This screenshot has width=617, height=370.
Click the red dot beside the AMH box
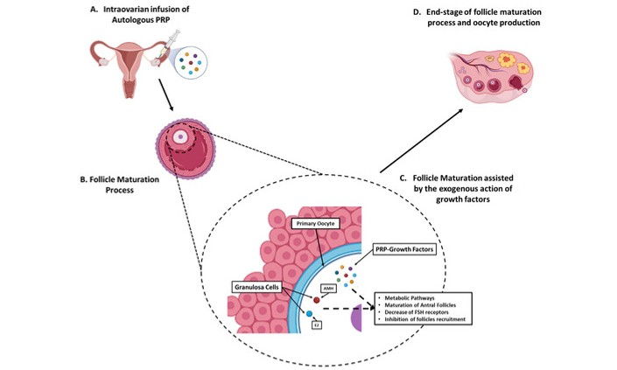pos(319,299)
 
